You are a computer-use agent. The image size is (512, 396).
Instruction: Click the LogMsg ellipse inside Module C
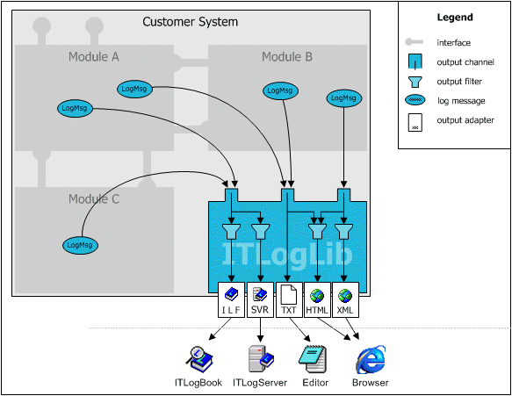tap(80, 245)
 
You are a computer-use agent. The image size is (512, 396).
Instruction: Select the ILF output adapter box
tap(231, 299)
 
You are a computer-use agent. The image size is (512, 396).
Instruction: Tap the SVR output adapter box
tap(260, 299)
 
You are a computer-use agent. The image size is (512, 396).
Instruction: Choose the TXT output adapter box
tap(289, 299)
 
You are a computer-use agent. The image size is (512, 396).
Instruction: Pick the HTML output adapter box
tap(317, 299)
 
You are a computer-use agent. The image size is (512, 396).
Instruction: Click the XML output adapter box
tap(345, 299)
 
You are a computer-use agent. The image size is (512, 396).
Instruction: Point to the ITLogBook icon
tap(199, 359)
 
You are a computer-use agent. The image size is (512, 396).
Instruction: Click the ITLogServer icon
tap(261, 359)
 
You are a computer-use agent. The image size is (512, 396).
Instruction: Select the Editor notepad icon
tap(313, 359)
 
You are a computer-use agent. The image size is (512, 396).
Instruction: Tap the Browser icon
tap(371, 359)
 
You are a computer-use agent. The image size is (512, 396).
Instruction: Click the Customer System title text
tap(191, 22)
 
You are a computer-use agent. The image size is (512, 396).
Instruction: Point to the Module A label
tap(94, 57)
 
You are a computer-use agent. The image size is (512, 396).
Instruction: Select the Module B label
tap(287, 57)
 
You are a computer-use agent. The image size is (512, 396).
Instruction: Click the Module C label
tap(94, 198)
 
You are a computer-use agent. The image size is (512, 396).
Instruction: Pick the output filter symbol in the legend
tap(415, 82)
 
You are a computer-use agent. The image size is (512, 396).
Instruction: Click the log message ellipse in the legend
tap(415, 100)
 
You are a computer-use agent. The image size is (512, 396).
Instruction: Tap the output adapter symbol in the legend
tap(415, 122)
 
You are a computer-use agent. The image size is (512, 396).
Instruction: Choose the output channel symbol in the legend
tap(415, 61)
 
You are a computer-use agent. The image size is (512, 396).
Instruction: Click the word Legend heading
tap(455, 18)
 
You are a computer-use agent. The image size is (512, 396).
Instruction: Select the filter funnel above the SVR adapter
tap(260, 231)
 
